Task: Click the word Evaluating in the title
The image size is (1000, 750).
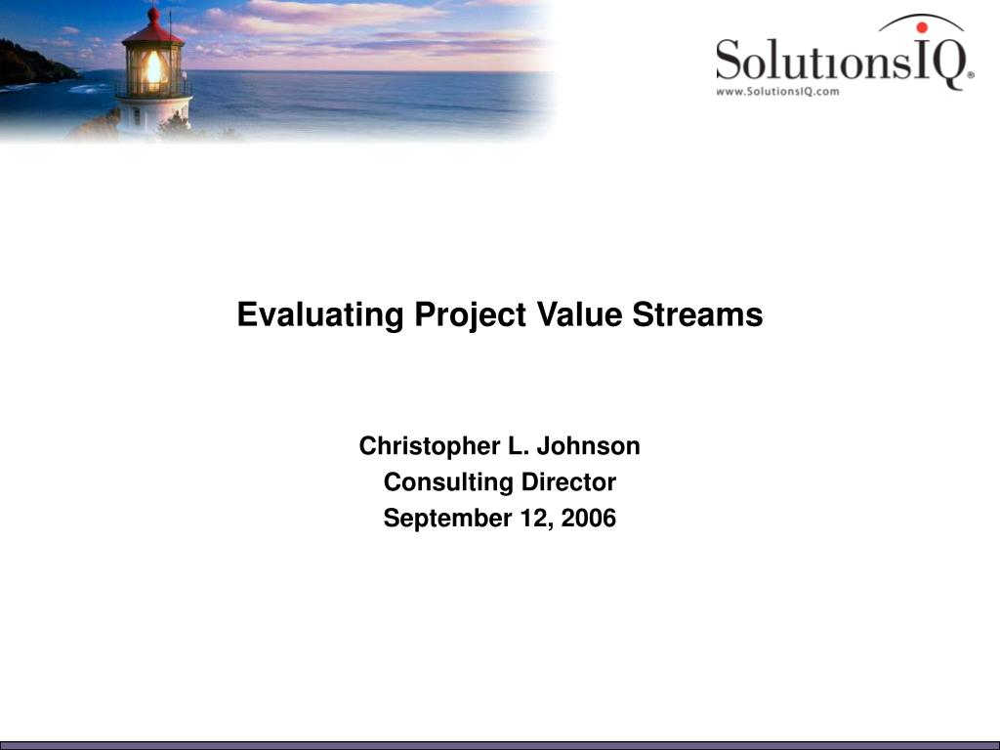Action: coord(320,315)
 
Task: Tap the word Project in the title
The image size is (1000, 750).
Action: coord(471,315)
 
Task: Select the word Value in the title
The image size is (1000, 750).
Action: coord(579,314)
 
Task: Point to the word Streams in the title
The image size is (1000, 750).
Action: coord(697,314)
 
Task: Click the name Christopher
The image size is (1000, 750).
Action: coord(430,446)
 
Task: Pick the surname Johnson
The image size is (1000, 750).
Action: coord(588,445)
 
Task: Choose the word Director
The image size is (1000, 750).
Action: coord(568,482)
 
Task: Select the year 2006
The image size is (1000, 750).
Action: coord(589,518)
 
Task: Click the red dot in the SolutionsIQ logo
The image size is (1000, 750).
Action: coord(922,27)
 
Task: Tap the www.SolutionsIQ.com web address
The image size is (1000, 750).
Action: coord(777,91)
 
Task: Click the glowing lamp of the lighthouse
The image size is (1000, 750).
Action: coord(153,68)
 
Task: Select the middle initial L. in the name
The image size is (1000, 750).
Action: coord(519,445)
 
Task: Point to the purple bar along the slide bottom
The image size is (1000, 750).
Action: coord(500,745)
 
